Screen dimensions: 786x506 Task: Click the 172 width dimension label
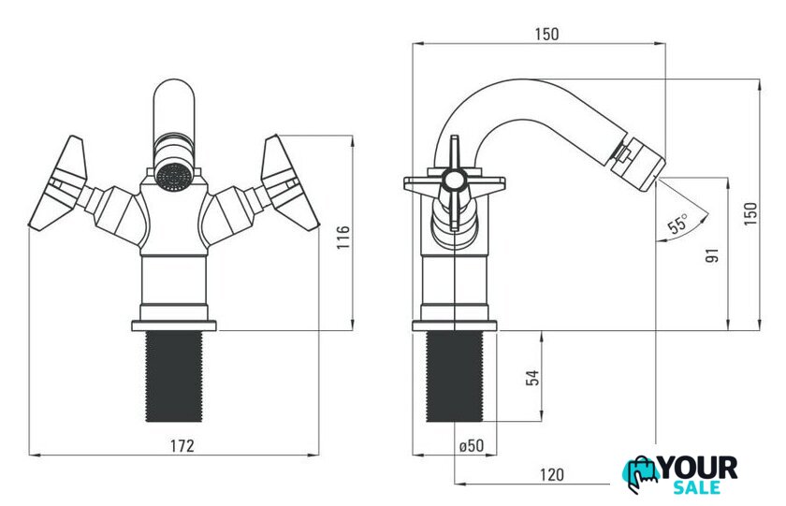point(182,445)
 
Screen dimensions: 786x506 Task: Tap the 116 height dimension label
point(343,237)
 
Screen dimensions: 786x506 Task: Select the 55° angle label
point(678,223)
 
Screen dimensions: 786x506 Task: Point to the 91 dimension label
point(712,255)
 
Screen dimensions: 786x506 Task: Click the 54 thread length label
point(532,377)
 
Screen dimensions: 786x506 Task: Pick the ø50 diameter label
point(472,445)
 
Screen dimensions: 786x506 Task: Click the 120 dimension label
point(551,474)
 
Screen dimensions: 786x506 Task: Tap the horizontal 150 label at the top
point(546,34)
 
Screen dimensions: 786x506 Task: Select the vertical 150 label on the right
point(750,214)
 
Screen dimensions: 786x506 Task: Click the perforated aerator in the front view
point(173,176)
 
